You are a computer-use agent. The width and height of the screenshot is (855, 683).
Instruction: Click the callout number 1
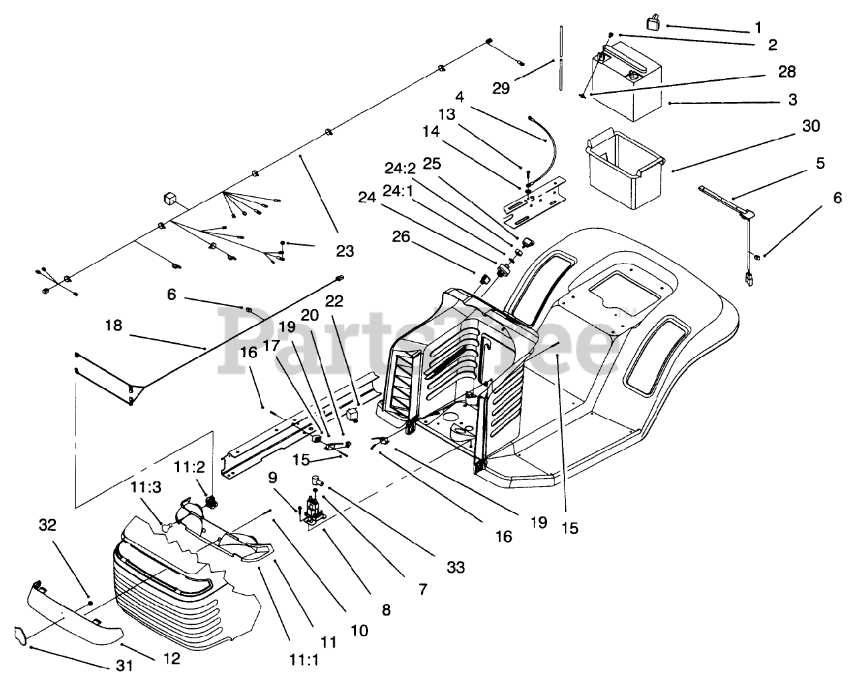click(x=758, y=28)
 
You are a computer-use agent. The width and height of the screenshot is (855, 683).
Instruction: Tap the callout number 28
click(x=787, y=72)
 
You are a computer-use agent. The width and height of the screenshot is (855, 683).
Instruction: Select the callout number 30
click(x=811, y=126)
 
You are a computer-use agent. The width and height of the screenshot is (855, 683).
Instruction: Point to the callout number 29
click(x=500, y=88)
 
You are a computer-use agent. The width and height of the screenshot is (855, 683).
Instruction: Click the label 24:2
click(x=400, y=168)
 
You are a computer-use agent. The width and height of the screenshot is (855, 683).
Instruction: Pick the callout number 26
click(x=401, y=236)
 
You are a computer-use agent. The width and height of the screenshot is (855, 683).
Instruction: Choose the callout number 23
click(x=345, y=251)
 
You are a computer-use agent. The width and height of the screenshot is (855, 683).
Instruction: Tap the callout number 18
click(x=114, y=326)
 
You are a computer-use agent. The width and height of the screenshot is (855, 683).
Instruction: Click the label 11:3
click(x=146, y=487)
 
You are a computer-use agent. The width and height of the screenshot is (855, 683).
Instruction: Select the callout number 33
click(x=456, y=567)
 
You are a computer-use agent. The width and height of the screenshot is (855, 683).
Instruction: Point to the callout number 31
click(x=124, y=666)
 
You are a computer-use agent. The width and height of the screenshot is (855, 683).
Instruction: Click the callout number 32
click(x=47, y=525)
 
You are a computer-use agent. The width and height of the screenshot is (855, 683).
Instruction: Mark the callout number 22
click(x=334, y=301)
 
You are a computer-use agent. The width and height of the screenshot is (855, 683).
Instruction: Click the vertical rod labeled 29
click(x=561, y=58)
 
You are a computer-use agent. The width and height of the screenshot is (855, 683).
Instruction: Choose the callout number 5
click(x=820, y=163)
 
